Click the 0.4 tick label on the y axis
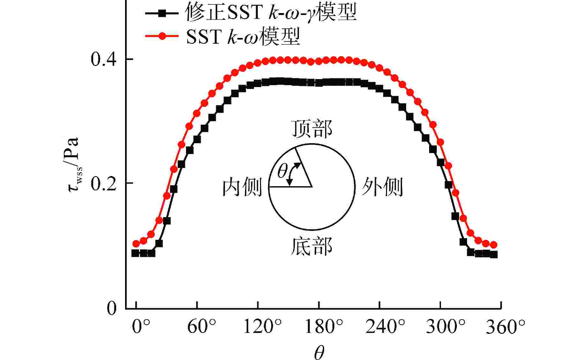point(102,59)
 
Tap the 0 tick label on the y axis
point(112,308)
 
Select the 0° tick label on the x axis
point(141,327)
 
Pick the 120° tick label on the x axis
point(262,327)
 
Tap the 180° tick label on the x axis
point(324,327)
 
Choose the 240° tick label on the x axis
point(385,327)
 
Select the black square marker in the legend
point(162,13)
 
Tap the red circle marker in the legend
point(162,36)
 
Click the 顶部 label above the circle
point(312,129)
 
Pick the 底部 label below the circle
point(312,246)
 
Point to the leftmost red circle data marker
point(136,244)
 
